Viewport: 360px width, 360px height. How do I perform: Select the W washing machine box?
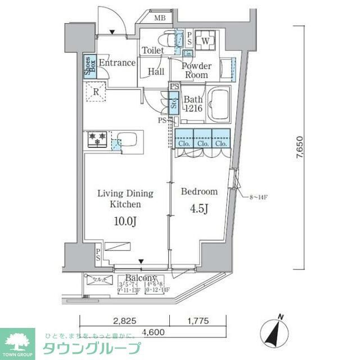click(x=205, y=41)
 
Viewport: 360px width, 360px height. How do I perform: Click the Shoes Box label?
click(x=88, y=66)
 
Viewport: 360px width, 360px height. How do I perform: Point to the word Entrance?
click(x=117, y=63)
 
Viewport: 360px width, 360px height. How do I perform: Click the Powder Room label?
click(x=196, y=70)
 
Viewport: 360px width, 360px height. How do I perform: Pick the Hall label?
click(x=156, y=72)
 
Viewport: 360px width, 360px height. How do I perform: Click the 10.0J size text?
click(x=125, y=222)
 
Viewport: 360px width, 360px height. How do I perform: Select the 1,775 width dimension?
click(x=197, y=321)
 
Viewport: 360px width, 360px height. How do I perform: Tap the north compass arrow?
click(x=277, y=330)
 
